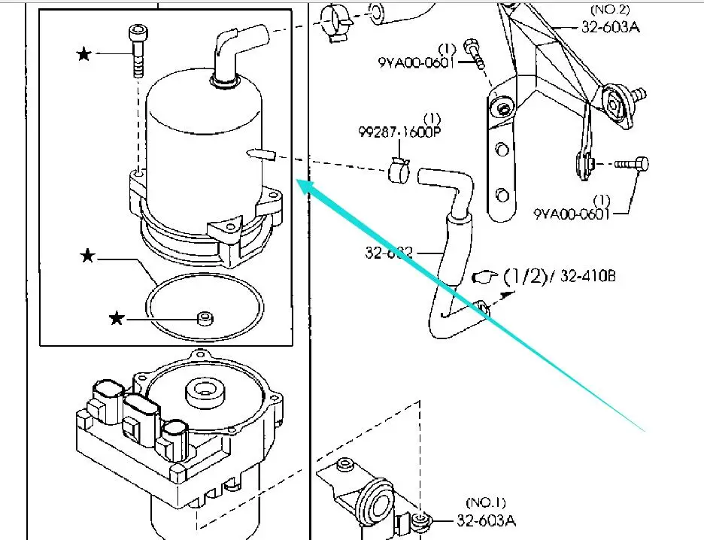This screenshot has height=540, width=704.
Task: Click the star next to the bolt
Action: click(83, 53)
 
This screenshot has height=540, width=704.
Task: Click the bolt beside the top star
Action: click(138, 51)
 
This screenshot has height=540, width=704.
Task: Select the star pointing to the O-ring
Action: click(88, 257)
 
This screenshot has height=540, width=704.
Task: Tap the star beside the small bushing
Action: click(117, 319)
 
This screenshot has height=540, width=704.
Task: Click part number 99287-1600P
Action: click(399, 132)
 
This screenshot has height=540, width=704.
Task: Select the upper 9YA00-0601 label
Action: click(416, 62)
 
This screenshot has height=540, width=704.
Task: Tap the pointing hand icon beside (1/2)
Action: click(484, 277)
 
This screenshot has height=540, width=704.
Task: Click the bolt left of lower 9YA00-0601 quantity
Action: click(632, 162)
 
